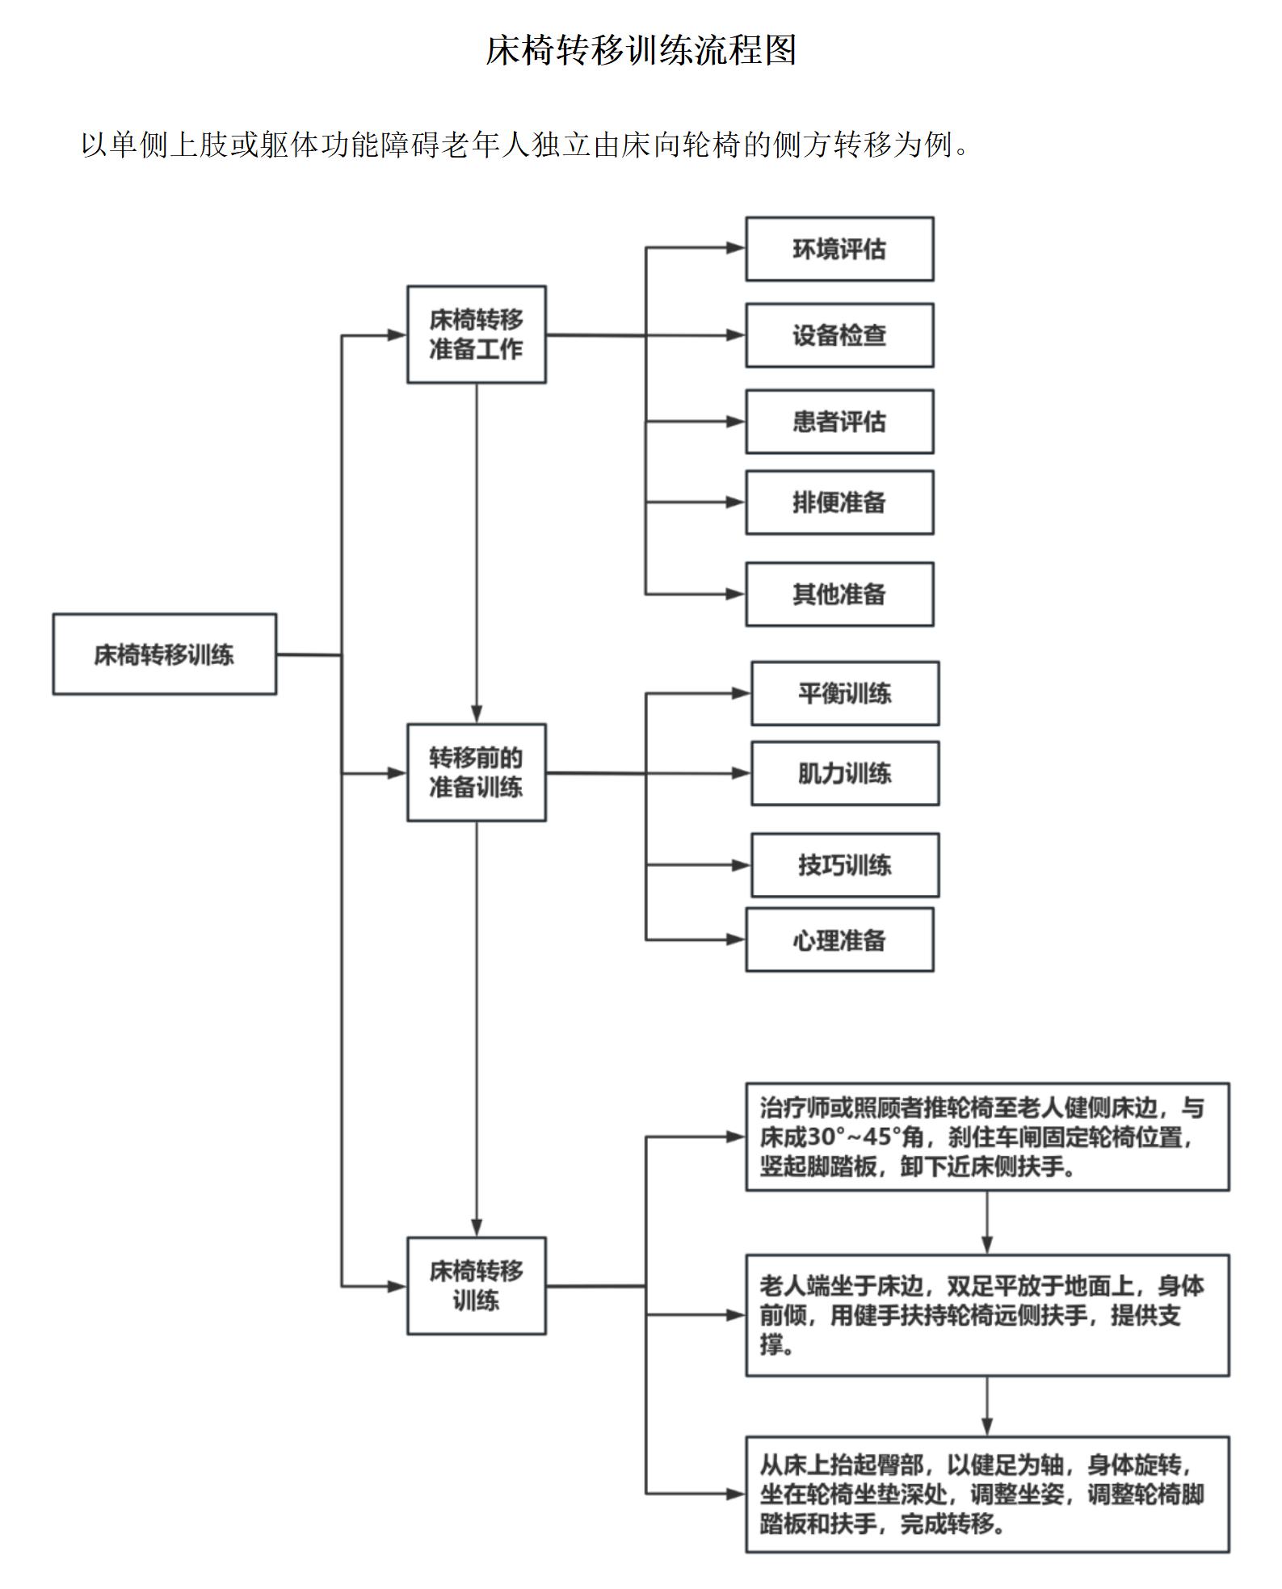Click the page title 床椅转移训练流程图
pyautogui.click(x=641, y=51)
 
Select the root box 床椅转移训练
pyautogui.click(x=164, y=654)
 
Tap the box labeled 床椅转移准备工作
pyautogui.click(x=476, y=334)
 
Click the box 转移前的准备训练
pyautogui.click(x=476, y=772)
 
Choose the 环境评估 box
pyautogui.click(x=839, y=249)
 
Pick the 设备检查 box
pyautogui.click(x=839, y=335)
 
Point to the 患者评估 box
pyautogui.click(x=839, y=422)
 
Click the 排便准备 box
pyautogui.click(x=839, y=502)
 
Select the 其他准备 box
pyautogui.click(x=839, y=595)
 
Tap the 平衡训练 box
pyautogui.click(x=844, y=693)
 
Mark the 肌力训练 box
pyautogui.click(x=844, y=773)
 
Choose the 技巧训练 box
pyautogui.click(x=844, y=865)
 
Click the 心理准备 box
pyautogui.click(x=839, y=940)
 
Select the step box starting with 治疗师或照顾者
pyautogui.click(x=986, y=1137)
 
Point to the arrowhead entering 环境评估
pyautogui.click(x=736, y=249)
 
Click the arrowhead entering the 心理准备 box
pyautogui.click(x=736, y=940)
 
